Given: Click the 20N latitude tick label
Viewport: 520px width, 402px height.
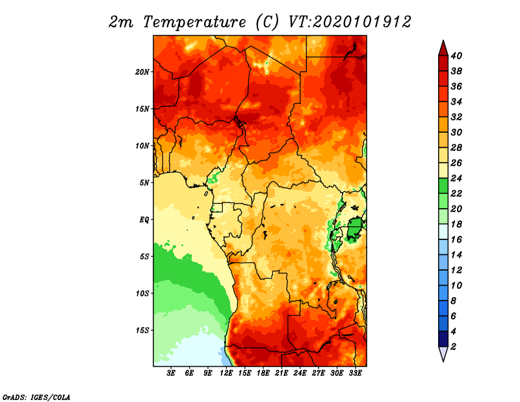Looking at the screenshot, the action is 142,72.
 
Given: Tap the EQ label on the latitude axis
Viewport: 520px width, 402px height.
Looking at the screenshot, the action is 144,220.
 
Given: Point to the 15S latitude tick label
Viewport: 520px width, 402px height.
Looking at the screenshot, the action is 142,330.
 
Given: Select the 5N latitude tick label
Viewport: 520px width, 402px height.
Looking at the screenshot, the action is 144,183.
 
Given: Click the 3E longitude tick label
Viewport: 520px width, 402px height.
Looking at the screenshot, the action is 171,373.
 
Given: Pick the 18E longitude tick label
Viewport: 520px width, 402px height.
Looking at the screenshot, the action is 263,373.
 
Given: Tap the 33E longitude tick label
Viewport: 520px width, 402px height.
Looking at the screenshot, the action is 355,373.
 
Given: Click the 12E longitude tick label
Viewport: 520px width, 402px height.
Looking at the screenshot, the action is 226,373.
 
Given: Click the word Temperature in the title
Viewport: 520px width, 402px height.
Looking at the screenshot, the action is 194,22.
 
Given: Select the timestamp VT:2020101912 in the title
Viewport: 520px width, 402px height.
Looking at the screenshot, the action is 350,22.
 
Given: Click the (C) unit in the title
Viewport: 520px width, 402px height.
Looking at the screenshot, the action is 268,22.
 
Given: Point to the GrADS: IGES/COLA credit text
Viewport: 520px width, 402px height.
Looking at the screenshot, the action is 36,397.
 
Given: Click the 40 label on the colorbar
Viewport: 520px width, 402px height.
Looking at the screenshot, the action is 456,56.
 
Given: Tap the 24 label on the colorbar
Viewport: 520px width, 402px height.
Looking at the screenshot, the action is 456,178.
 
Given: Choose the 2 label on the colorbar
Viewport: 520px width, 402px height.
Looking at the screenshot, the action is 453,347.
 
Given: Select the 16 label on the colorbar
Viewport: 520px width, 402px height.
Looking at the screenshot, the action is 456,239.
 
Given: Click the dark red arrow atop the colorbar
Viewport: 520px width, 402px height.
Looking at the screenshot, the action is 443,48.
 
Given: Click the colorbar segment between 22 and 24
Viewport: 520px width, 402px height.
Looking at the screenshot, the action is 443,186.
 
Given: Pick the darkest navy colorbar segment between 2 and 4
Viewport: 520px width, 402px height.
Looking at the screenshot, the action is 443,339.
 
